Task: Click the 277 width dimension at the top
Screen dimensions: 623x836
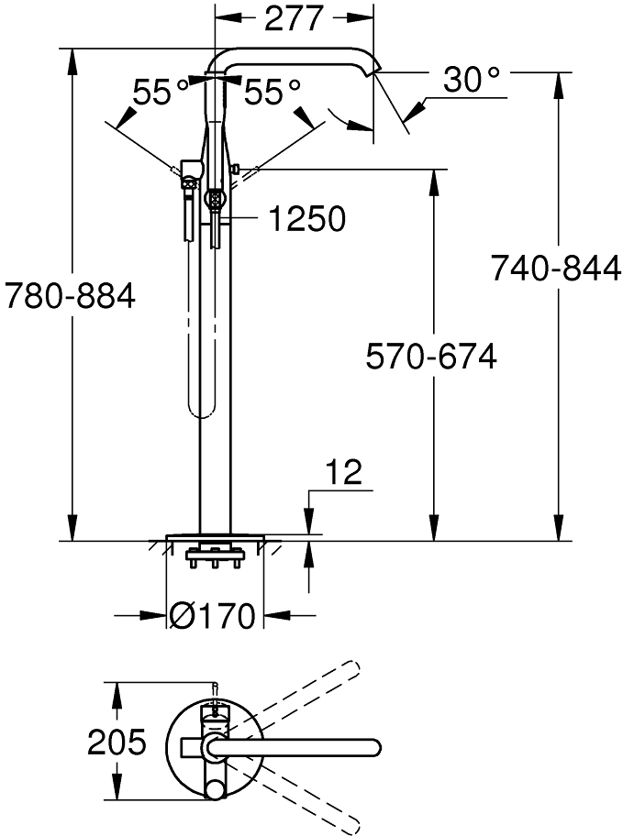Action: click(x=294, y=18)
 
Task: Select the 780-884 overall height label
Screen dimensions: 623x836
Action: click(x=70, y=295)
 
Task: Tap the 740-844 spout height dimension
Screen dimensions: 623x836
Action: click(x=556, y=268)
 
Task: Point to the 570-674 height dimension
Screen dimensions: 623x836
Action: click(x=431, y=357)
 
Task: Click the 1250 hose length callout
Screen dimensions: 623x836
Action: click(x=306, y=218)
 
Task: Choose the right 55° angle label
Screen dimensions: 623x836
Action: click(x=273, y=92)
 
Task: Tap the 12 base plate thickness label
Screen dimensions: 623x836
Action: click(x=344, y=471)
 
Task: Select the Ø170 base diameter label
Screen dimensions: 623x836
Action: click(x=213, y=616)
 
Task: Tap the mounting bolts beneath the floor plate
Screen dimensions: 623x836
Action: click(x=215, y=556)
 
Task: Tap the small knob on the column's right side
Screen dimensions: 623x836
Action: click(x=236, y=170)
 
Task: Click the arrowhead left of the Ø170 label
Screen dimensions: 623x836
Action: click(x=154, y=615)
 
